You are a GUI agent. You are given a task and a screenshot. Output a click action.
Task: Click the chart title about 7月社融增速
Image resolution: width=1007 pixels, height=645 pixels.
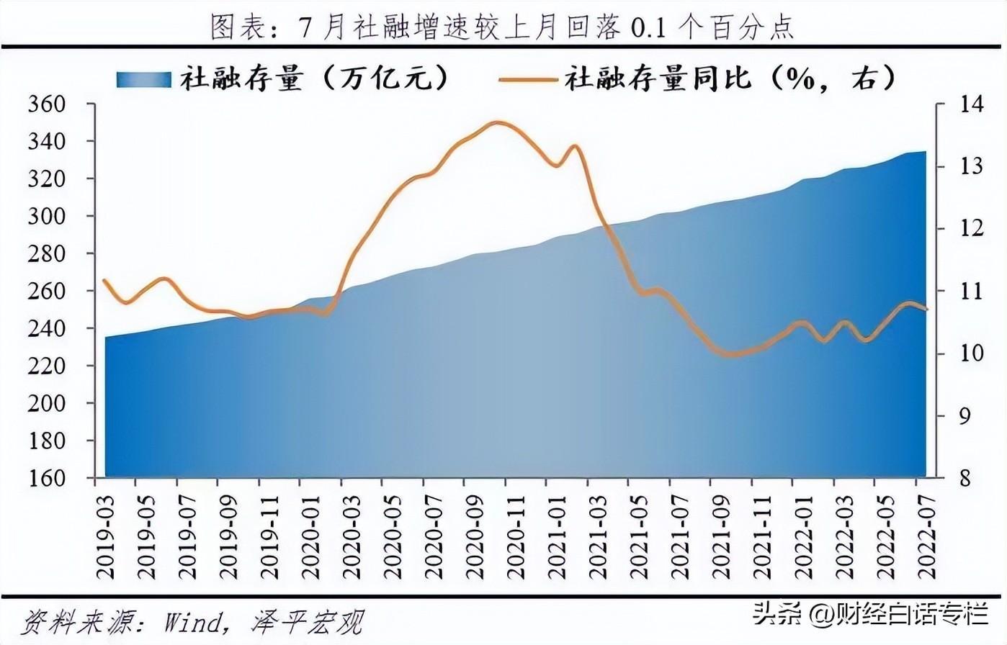[503, 27]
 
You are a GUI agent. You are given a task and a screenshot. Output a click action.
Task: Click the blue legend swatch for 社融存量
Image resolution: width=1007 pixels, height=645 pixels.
[143, 78]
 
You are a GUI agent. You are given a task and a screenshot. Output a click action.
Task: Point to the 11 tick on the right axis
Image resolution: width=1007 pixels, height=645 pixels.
[952, 291]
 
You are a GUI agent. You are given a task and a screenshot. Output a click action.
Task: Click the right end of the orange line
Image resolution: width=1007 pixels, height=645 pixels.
[926, 310]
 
